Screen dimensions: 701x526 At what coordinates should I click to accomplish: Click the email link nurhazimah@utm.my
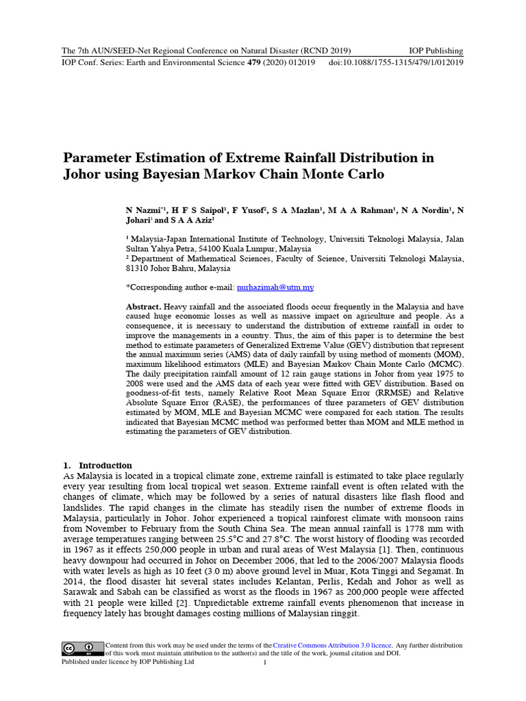point(275,288)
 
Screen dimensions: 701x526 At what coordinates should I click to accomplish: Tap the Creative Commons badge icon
point(78,648)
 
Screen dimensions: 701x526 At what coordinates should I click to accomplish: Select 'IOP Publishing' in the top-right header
point(436,51)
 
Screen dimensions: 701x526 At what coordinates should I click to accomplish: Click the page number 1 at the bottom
point(264,663)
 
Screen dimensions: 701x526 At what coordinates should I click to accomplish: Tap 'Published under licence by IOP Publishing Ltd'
point(128,663)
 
